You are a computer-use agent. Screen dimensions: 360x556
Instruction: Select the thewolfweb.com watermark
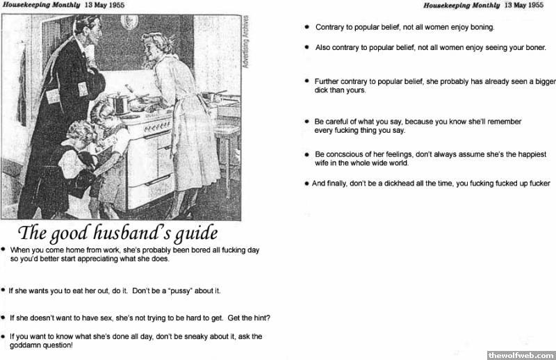point(521,354)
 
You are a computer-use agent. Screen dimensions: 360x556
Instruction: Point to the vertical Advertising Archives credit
point(245,46)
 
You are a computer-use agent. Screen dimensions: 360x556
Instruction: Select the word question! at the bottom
point(56,345)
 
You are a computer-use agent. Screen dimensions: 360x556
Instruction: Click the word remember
point(503,122)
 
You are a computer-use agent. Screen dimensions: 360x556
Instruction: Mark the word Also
point(323,48)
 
